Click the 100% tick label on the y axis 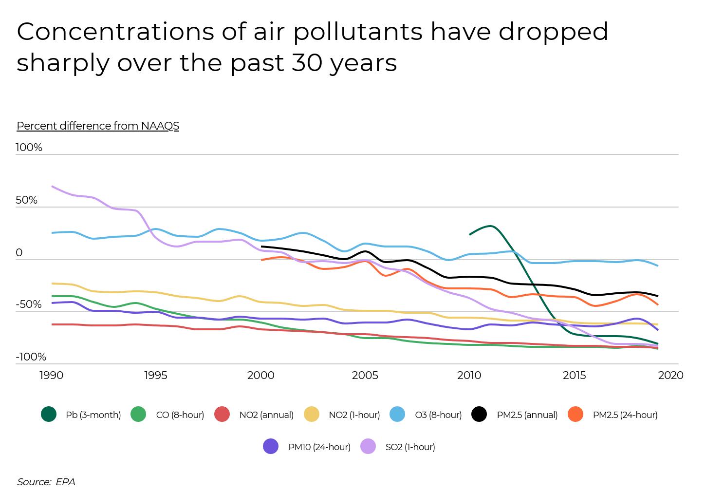(29, 148)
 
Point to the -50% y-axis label (29, 305)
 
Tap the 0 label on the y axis (19, 253)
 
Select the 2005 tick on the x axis (365, 376)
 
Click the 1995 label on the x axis (155, 376)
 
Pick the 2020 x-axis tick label (670, 376)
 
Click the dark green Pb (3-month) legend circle (49, 415)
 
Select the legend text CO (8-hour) (180, 415)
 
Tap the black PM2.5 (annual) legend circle (479, 415)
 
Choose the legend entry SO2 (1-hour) (410, 447)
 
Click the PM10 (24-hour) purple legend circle (271, 447)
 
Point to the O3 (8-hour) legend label (438, 415)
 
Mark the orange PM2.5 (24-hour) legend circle (576, 415)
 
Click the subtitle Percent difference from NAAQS (98, 126)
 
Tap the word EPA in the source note (65, 482)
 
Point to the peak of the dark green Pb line (490, 226)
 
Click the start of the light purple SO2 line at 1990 (52, 187)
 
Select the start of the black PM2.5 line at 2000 (262, 246)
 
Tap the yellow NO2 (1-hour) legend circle (312, 415)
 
